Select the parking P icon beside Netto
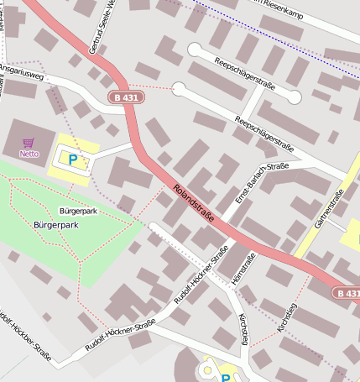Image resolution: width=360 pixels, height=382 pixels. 72,158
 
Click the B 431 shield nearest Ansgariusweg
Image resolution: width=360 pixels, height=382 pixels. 127,98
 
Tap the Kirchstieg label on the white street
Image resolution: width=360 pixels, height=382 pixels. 243,328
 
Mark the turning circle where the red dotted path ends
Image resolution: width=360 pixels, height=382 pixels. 178,87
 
